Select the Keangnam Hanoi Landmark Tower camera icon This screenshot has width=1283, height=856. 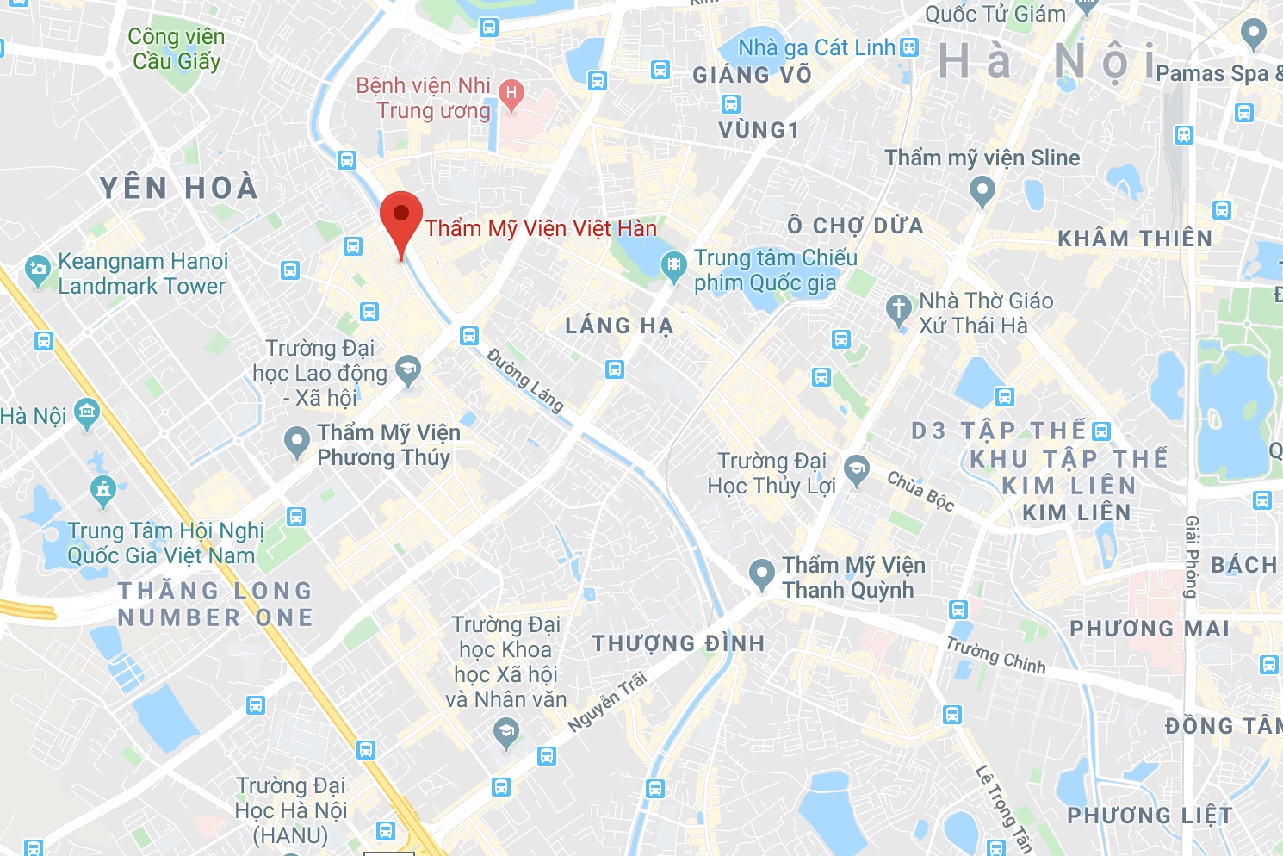pyautogui.click(x=38, y=270)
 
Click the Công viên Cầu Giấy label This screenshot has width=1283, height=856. pyautogui.click(x=177, y=49)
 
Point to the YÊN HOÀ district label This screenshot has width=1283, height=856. pyautogui.click(x=179, y=188)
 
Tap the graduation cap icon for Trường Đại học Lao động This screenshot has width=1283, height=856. pyautogui.click(x=408, y=371)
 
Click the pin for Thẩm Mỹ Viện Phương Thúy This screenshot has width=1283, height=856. pyautogui.click(x=297, y=443)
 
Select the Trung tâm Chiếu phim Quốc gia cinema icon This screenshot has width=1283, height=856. pyautogui.click(x=673, y=266)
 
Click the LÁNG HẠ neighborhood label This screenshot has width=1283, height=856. pyautogui.click(x=619, y=326)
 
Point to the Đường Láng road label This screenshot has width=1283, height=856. pyautogui.click(x=525, y=380)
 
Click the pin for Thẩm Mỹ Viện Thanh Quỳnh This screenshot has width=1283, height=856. pyautogui.click(x=761, y=574)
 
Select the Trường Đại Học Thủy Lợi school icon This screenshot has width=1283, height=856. pyautogui.click(x=856, y=470)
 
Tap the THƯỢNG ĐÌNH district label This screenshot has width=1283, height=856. pyautogui.click(x=679, y=643)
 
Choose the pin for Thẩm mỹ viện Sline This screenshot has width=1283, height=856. pyautogui.click(x=982, y=189)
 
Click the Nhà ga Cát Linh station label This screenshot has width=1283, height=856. pyautogui.click(x=816, y=47)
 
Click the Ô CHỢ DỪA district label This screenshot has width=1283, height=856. pyautogui.click(x=855, y=226)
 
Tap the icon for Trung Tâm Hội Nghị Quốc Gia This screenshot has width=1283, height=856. pyautogui.click(x=103, y=490)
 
